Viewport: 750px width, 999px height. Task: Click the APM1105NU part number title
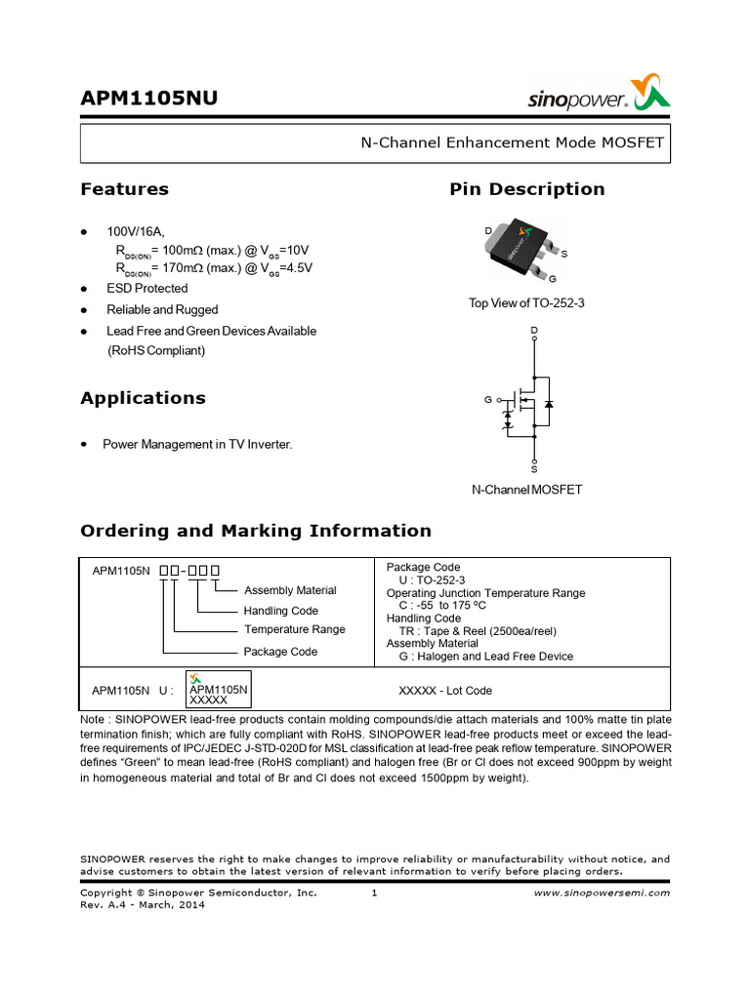pos(148,100)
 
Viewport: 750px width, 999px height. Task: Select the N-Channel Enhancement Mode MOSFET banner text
pos(512,142)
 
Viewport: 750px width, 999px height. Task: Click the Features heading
pos(124,189)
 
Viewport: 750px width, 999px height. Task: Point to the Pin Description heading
pos(526,189)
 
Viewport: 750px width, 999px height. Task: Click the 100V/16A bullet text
pos(136,232)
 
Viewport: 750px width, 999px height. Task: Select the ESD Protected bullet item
pos(146,289)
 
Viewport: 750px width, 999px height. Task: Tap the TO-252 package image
pos(521,253)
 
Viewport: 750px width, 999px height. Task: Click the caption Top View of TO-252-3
pos(526,303)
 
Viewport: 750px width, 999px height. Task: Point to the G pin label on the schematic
pos(488,401)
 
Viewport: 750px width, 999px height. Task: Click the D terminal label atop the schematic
pos(533,332)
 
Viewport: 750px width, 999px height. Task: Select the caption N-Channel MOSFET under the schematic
pos(526,490)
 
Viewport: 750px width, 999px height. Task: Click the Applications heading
pos(143,398)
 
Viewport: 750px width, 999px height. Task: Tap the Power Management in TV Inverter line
pos(197,445)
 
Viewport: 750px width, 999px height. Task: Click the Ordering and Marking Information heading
pos(255,531)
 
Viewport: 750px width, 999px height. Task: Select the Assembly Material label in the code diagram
pos(290,590)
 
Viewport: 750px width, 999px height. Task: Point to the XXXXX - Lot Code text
pos(445,691)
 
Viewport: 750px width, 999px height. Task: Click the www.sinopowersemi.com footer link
pos(603,893)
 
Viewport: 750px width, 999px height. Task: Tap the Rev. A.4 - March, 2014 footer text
pos(143,904)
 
